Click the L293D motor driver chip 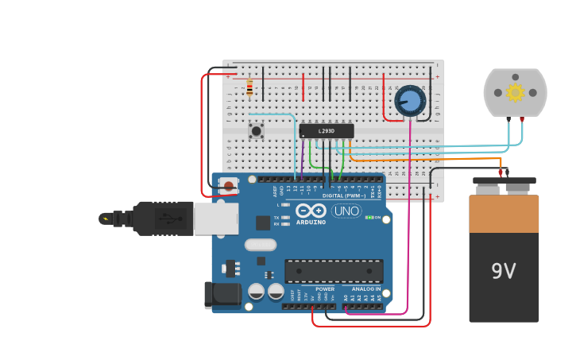(327, 131)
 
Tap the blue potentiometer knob (410, 101)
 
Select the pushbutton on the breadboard (256, 130)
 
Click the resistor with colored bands (249, 87)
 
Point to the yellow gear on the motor (515, 92)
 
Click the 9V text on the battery (504, 272)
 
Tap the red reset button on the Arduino (229, 187)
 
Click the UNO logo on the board (346, 211)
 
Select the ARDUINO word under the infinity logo (311, 222)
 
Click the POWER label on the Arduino (325, 289)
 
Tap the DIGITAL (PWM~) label (344, 195)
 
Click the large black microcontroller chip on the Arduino (334, 271)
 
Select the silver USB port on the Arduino (216, 219)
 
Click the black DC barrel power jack (222, 294)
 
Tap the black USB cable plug (159, 218)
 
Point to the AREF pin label (276, 191)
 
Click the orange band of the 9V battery (504, 213)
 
